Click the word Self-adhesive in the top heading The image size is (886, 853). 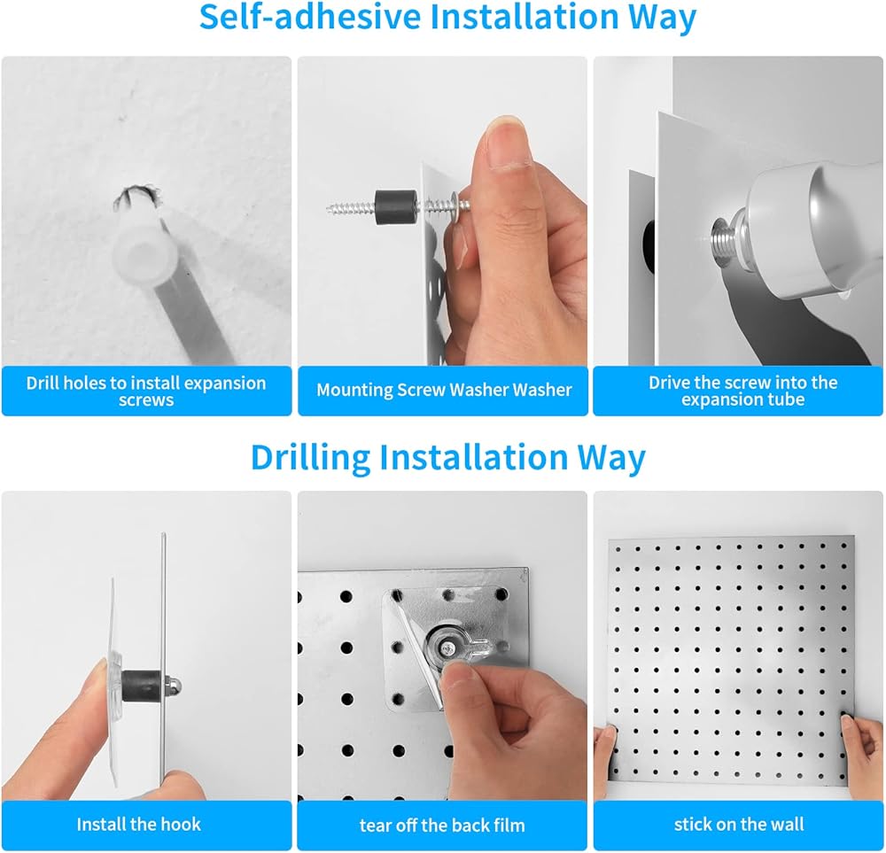310,16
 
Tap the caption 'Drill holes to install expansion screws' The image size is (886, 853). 146,391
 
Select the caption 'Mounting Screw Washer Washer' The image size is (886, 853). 444,390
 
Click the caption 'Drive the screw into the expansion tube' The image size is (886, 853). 742,391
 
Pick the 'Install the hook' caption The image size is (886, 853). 138,824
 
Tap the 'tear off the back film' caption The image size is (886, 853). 442,826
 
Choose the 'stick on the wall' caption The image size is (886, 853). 739,824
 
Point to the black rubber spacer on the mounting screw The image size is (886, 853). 396,208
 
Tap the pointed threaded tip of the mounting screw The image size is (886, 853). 330,209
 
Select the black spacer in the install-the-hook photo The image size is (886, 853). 140,685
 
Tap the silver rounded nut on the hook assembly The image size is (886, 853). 173,686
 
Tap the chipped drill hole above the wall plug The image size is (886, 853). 137,198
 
